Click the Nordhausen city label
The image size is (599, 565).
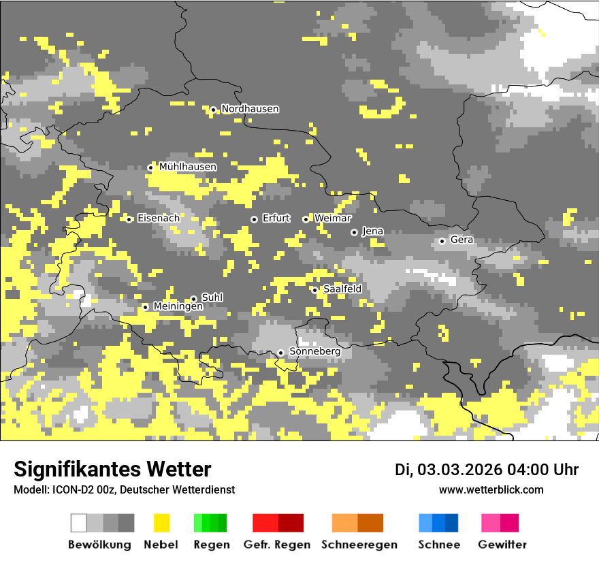tap(250, 109)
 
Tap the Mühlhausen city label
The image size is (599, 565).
tap(188, 167)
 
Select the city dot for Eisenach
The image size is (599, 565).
tap(129, 219)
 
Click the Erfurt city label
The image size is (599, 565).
tap(276, 219)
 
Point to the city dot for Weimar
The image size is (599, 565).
tap(306, 219)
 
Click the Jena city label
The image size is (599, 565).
tap(372, 231)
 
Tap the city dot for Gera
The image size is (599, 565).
tap(442, 241)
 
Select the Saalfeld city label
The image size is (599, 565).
tap(342, 289)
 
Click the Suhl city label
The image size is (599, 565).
tap(212, 297)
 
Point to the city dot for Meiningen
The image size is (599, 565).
tap(145, 307)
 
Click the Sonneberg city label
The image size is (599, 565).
tap(314, 351)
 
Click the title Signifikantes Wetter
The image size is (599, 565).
tap(112, 470)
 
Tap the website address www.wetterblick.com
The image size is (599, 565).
tap(491, 490)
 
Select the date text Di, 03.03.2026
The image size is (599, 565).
tap(448, 470)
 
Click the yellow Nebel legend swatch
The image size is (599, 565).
tap(161, 523)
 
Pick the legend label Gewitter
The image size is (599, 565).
tap(502, 545)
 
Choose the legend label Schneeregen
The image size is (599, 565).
tap(359, 545)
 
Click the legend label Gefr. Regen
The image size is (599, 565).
tap(277, 545)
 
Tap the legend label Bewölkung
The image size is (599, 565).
tap(99, 545)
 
